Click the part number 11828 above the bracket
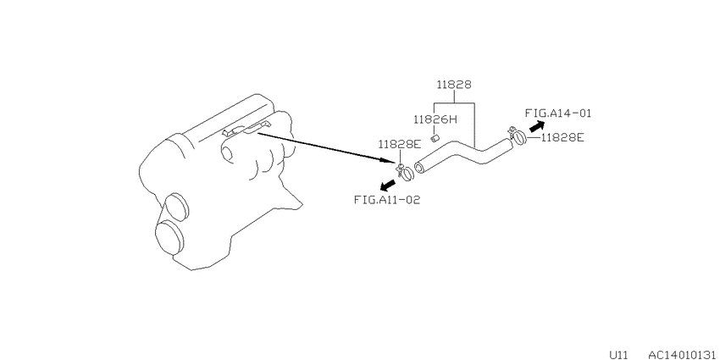[454, 85]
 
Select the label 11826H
[435, 119]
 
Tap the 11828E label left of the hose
[400, 144]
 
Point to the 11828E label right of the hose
[562, 137]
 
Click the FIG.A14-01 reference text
[558, 113]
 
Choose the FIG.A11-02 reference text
[387, 200]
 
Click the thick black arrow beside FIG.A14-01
[536, 126]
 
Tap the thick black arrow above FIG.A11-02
[387, 186]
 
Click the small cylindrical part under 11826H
[435, 137]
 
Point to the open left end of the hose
[419, 168]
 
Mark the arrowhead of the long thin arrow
[390, 160]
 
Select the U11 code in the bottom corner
[618, 354]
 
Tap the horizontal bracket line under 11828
[455, 102]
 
